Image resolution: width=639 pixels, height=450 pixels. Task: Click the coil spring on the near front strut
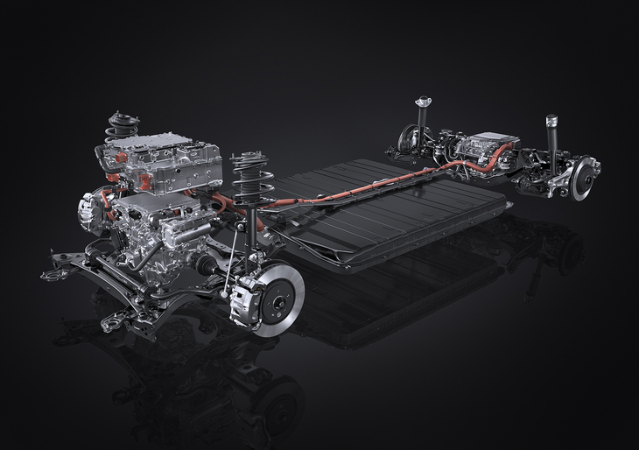252,184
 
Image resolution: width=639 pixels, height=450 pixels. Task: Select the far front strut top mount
123,119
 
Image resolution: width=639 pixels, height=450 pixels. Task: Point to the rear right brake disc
583,179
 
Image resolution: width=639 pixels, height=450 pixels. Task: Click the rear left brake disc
408,139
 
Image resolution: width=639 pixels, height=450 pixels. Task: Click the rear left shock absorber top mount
423,102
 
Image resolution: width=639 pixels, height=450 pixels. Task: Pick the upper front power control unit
158,158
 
